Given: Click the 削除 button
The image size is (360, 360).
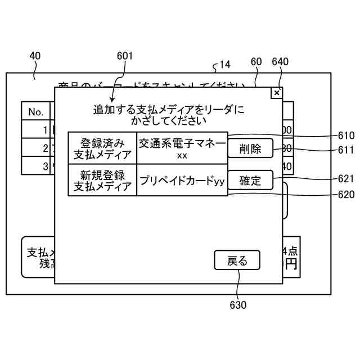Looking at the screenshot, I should click(x=250, y=148).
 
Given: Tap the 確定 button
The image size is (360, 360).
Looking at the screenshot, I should click(x=250, y=181).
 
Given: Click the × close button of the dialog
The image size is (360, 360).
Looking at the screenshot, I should click(x=276, y=93).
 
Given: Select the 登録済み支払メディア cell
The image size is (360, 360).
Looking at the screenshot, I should click(x=102, y=148).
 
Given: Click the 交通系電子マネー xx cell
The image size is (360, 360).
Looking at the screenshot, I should click(x=182, y=148).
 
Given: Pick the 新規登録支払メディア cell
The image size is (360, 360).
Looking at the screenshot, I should click(x=102, y=180).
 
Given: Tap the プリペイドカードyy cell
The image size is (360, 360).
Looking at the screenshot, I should click(x=182, y=181).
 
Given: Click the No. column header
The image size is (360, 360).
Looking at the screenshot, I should click(x=36, y=112).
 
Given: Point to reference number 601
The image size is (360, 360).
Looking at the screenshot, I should click(x=125, y=56).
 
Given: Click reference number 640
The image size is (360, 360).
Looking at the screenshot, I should click(x=280, y=62).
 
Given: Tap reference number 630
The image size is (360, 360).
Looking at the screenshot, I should click(x=238, y=305).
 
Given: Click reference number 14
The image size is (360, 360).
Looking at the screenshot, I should click(x=224, y=65).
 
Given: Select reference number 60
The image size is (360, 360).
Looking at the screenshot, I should click(x=256, y=62).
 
